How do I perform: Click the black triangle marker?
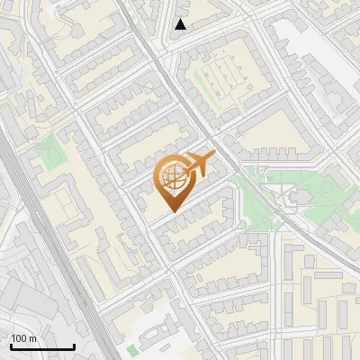pyautogui.click(x=181, y=24)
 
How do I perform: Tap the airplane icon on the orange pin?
pyautogui.click(x=197, y=165)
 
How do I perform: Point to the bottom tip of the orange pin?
pyautogui.click(x=171, y=211)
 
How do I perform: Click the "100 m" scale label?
pyautogui.click(x=24, y=338)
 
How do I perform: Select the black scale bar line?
pyautogui.click(x=42, y=347)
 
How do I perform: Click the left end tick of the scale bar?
pyautogui.click(x=11, y=346)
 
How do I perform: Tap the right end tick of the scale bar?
pyautogui.click(x=74, y=346)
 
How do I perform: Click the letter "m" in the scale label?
pyautogui.click(x=33, y=338)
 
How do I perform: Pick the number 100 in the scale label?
pyautogui.click(x=20, y=338)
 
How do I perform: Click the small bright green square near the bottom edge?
pyautogui.click(x=132, y=349)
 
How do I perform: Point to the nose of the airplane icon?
pyautogui.click(x=214, y=158)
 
